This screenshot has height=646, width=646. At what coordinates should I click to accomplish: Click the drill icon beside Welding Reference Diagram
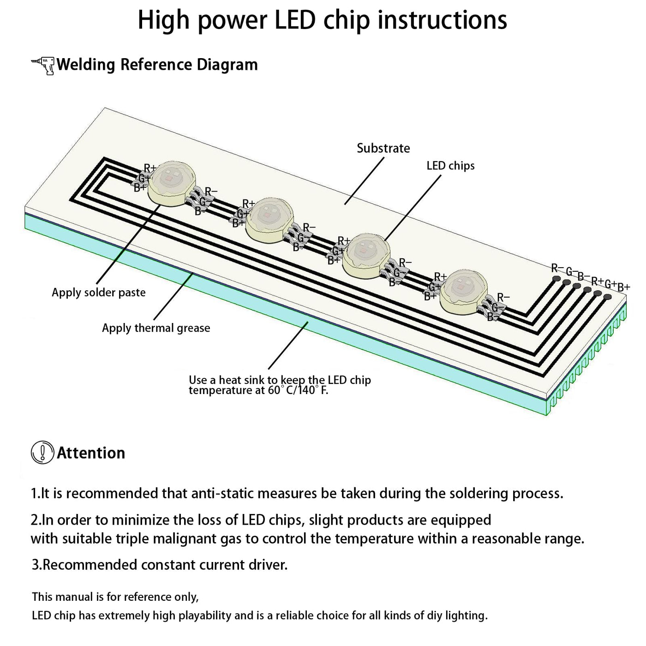pyautogui.click(x=43, y=66)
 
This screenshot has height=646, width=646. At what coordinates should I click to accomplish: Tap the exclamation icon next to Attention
pyautogui.click(x=42, y=453)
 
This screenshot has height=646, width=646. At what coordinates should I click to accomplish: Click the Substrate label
pyautogui.click(x=383, y=148)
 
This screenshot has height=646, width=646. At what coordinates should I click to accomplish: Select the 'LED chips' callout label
pyautogui.click(x=450, y=166)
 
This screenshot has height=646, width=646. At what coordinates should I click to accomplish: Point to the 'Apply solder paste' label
pyautogui.click(x=98, y=293)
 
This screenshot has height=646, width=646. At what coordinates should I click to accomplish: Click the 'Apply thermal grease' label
pyautogui.click(x=156, y=328)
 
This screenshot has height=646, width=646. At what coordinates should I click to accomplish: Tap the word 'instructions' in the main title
pyautogui.click(x=443, y=20)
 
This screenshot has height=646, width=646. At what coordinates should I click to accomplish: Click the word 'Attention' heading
pyautogui.click(x=91, y=453)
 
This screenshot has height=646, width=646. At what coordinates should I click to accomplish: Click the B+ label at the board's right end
pyautogui.click(x=624, y=287)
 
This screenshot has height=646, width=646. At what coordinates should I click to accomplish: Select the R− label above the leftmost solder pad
pyautogui.click(x=557, y=268)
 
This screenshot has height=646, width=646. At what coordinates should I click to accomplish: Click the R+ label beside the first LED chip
pyautogui.click(x=150, y=168)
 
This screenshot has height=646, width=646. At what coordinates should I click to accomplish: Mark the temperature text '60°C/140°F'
pyautogui.click(x=298, y=391)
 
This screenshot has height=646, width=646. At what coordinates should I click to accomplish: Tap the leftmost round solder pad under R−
pyautogui.click(x=556, y=279)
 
